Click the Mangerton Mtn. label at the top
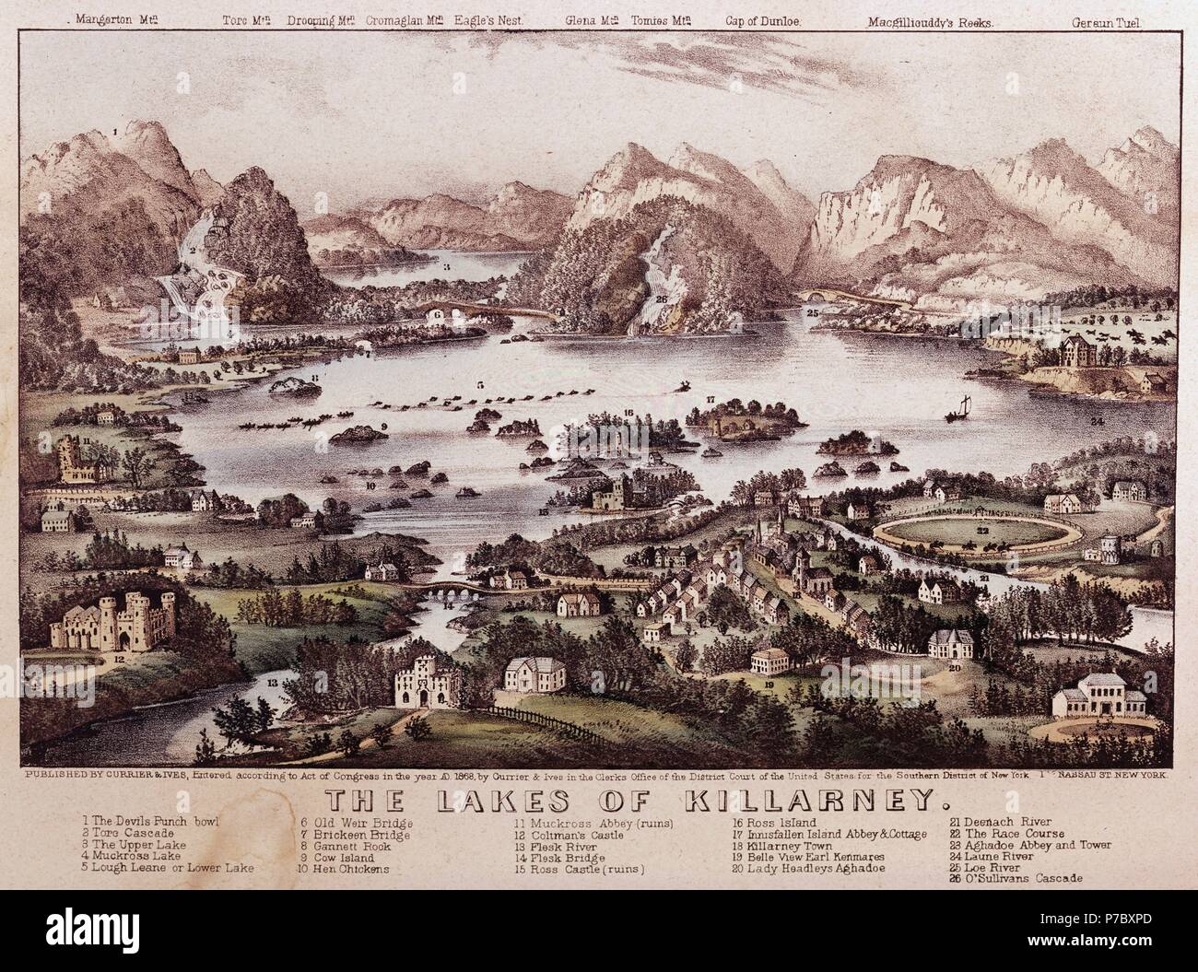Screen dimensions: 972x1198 click(114, 18)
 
